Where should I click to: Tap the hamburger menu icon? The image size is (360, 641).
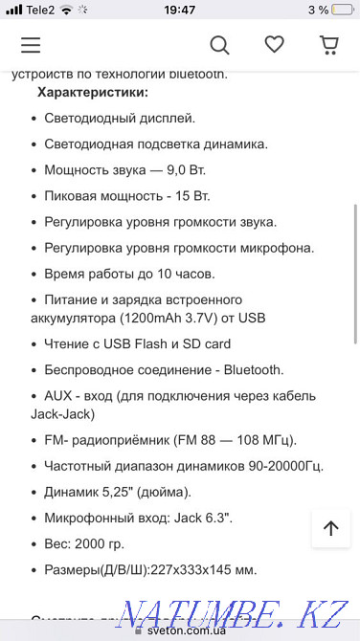(x=31, y=45)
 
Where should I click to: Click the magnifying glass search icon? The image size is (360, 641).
(x=219, y=45)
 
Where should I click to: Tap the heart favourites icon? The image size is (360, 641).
(x=275, y=45)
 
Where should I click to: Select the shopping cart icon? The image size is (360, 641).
(x=328, y=45)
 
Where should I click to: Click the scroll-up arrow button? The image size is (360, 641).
(x=330, y=527)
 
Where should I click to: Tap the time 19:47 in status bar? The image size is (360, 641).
(x=179, y=10)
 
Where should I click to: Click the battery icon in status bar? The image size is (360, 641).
(x=346, y=10)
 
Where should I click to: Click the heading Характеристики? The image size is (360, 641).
(x=93, y=92)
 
